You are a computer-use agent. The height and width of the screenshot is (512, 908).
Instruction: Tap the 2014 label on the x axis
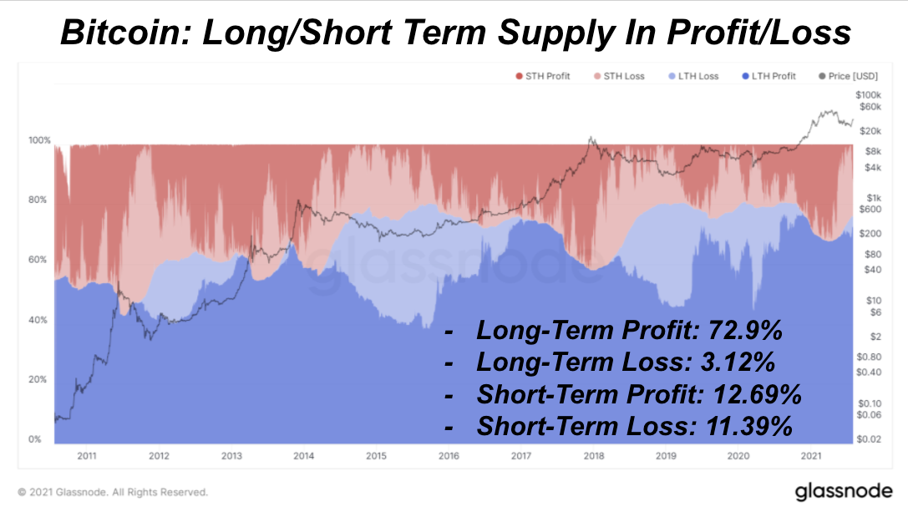coord(304,456)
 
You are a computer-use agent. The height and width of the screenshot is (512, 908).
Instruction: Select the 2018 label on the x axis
coord(593,456)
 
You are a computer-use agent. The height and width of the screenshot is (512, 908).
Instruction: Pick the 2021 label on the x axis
coord(810,456)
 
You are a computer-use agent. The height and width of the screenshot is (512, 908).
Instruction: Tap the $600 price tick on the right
coord(870,209)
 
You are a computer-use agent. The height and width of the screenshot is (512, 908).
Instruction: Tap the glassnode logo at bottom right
coord(843,491)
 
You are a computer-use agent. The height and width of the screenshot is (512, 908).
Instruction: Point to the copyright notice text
coord(113,492)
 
